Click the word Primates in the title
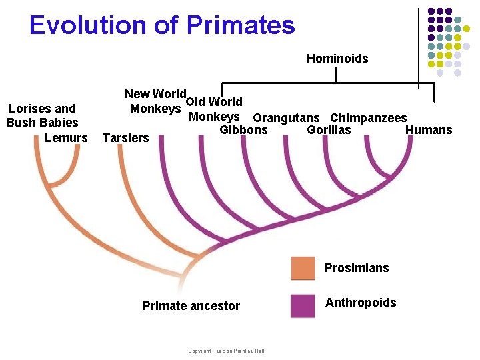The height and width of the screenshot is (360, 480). point(241,25)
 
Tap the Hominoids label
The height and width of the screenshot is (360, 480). point(337,59)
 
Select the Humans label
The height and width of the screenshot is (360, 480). point(428,130)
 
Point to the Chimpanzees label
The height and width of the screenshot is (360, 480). point(368,118)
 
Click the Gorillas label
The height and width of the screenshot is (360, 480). point(328,130)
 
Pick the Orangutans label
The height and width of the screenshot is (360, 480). point(285,118)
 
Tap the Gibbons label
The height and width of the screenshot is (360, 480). point(243,130)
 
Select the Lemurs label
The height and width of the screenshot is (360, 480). point(66,138)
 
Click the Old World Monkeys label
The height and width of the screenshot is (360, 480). point(213,109)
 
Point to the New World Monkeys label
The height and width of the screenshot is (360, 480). point(155,101)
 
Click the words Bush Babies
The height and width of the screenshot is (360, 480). point(42,123)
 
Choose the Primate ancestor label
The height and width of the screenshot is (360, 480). point(191,306)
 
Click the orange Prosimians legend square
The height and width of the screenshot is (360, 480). point(303,268)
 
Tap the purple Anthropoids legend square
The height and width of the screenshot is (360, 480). point(303,305)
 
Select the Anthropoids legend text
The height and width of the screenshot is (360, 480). point(360,303)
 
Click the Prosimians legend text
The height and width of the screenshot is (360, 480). point(356,268)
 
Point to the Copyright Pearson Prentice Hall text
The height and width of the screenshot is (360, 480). point(226,351)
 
